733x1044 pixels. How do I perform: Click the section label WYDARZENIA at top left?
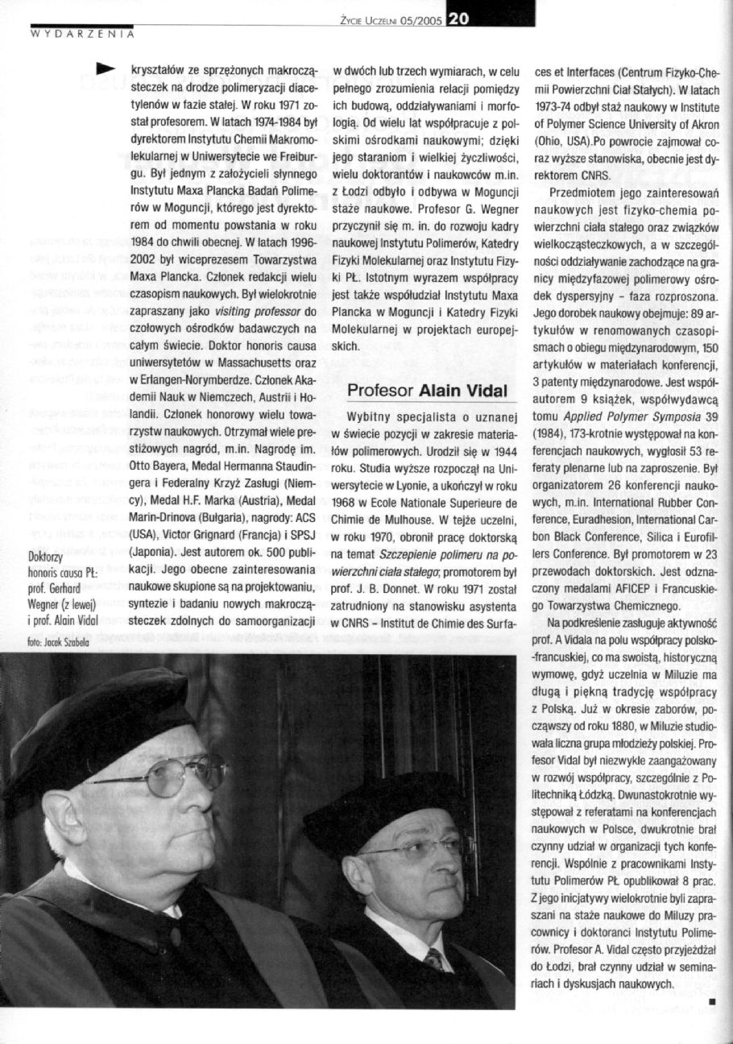pyautogui.click(x=81, y=35)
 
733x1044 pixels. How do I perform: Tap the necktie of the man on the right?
pyautogui.click(x=434, y=959)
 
